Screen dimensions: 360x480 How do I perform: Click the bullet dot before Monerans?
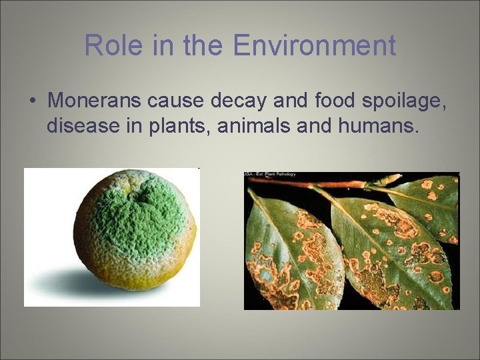tap(32, 101)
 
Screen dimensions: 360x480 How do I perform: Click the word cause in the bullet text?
tap(176, 101)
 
